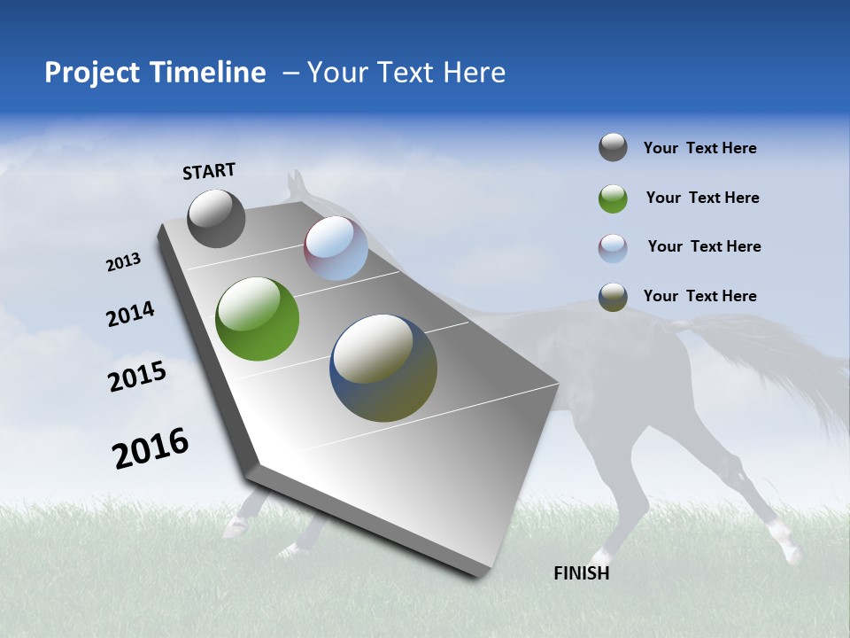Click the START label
[209, 171]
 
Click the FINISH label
[581, 573]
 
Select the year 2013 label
[124, 262]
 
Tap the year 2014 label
[130, 314]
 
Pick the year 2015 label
[137, 377]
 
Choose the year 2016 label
[151, 448]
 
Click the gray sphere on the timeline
[216, 218]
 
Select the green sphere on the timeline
[257, 319]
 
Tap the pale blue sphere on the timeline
[336, 248]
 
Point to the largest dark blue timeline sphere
[383, 368]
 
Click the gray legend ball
[613, 148]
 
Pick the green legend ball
[613, 198]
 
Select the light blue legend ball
[613, 248]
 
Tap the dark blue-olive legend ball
[613, 297]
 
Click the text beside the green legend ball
[702, 198]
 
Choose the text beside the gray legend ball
[699, 148]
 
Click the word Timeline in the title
[210, 73]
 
